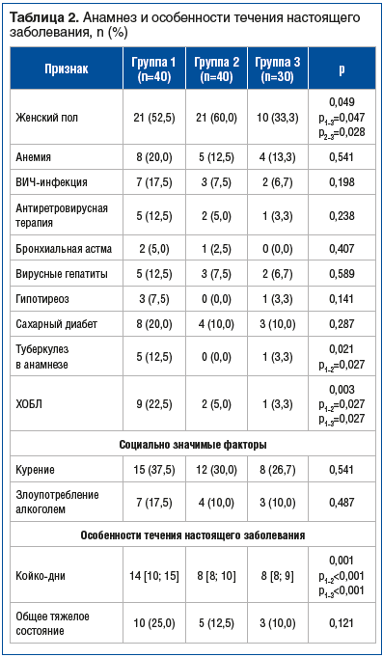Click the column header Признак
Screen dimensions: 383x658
[65, 69]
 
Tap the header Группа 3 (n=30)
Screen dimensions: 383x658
[278, 69]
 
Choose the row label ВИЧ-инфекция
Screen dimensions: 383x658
[51, 180]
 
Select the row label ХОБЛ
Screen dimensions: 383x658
[30, 402]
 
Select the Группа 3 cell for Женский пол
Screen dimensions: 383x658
[278, 117]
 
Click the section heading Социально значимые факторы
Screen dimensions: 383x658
[192, 444]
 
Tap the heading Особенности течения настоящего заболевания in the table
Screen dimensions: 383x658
[192, 535]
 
